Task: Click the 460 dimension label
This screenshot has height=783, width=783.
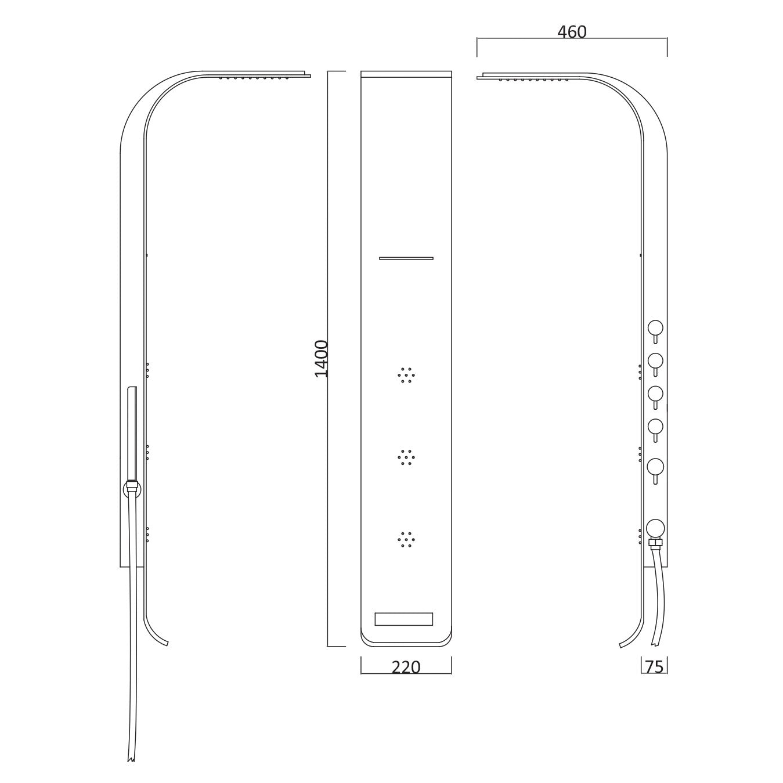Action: point(572,32)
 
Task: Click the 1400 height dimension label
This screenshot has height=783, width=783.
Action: point(322,359)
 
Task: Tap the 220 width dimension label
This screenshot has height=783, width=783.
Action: point(406,667)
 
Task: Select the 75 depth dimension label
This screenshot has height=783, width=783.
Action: point(654,667)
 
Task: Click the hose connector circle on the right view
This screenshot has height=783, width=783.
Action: point(655,528)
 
